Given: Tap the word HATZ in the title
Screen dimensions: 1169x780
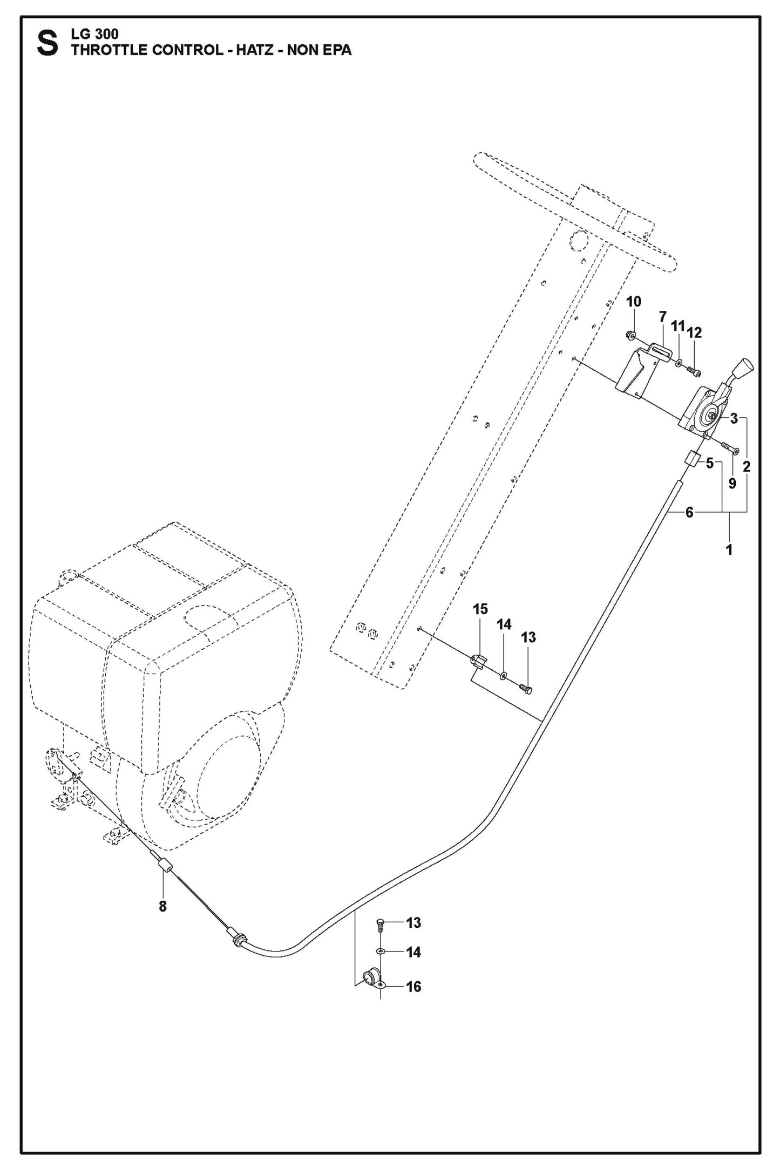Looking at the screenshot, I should pos(256,50).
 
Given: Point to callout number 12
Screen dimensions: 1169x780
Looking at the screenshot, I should pos(695,332).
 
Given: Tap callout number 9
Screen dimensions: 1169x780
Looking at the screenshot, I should pos(732,484).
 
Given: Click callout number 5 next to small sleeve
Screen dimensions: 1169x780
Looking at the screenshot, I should pos(709,463).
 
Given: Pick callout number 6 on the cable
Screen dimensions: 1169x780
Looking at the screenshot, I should pos(689,512).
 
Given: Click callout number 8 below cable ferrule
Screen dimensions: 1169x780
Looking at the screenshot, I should pos(162,906).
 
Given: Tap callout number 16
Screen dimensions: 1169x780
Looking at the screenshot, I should pos(413,987).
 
